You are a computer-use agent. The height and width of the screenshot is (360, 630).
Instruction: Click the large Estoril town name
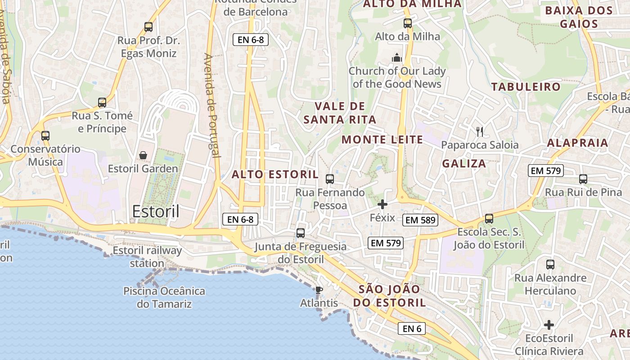(156, 211)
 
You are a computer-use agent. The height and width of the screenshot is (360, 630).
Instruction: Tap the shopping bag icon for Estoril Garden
(143, 156)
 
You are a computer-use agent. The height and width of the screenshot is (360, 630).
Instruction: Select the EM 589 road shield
(421, 220)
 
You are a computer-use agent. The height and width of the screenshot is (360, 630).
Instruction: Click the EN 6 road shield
(412, 328)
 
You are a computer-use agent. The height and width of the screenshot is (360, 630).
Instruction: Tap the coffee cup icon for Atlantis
(319, 290)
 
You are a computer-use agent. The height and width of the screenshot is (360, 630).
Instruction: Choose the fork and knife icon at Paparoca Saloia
(480, 131)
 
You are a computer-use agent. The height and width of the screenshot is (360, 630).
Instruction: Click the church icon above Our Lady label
(396, 58)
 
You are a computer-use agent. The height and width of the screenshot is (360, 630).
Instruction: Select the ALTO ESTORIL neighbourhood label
(275, 175)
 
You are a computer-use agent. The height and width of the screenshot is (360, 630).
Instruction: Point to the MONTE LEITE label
(382, 139)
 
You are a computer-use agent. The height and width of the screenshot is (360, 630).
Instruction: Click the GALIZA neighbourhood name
(464, 163)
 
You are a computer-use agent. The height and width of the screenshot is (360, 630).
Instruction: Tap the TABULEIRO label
(526, 87)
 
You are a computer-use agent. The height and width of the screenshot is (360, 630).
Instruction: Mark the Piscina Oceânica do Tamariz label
(164, 297)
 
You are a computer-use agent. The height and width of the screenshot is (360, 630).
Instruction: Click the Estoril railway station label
(147, 256)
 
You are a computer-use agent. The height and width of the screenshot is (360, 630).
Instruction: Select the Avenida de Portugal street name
(212, 106)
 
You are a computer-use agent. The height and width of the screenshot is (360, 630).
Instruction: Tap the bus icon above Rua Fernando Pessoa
(330, 179)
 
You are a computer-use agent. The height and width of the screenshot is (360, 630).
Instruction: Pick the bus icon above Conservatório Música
(45, 136)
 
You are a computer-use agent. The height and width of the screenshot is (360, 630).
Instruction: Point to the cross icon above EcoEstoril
(549, 324)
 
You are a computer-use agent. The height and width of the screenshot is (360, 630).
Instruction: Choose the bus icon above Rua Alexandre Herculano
(550, 265)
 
